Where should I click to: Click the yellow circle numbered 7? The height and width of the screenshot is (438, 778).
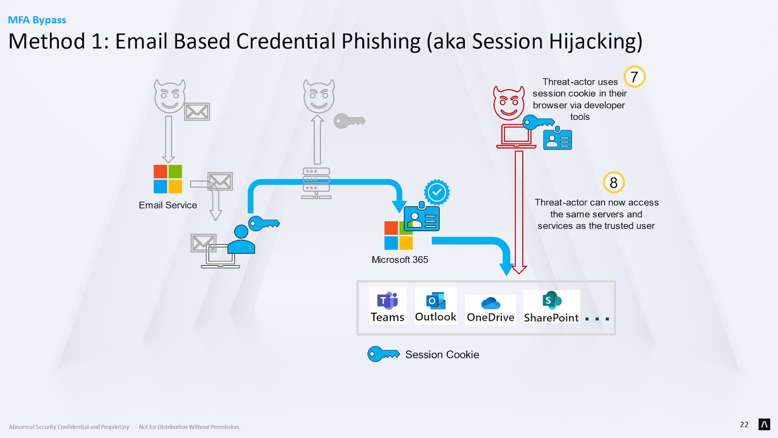[x=635, y=76]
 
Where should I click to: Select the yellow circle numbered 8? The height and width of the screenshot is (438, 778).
[x=614, y=182]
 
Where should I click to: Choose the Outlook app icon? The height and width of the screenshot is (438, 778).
[x=436, y=301]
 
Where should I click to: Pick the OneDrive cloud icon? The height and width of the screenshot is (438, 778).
[x=491, y=303]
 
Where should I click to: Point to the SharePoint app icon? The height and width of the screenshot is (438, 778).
[x=551, y=300]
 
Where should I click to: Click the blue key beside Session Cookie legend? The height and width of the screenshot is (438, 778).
[x=384, y=354]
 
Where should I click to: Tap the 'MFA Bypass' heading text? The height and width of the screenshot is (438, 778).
[x=37, y=20]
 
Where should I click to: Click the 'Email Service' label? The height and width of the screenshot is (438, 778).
[x=168, y=205]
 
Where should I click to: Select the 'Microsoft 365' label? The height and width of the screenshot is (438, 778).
[x=400, y=260]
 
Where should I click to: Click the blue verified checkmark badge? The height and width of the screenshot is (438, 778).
[x=437, y=192]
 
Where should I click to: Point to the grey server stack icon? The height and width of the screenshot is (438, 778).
[x=316, y=183]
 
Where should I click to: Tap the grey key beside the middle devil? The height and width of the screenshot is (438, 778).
[x=350, y=121]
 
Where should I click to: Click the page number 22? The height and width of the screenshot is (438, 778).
[x=744, y=424]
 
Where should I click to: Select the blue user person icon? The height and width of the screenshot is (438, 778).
[x=241, y=239]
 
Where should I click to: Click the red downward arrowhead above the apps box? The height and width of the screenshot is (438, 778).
[x=519, y=270]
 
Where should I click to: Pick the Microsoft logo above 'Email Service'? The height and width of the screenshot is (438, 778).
[x=168, y=179]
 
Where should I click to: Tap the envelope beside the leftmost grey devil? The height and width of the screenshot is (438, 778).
[x=197, y=111]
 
